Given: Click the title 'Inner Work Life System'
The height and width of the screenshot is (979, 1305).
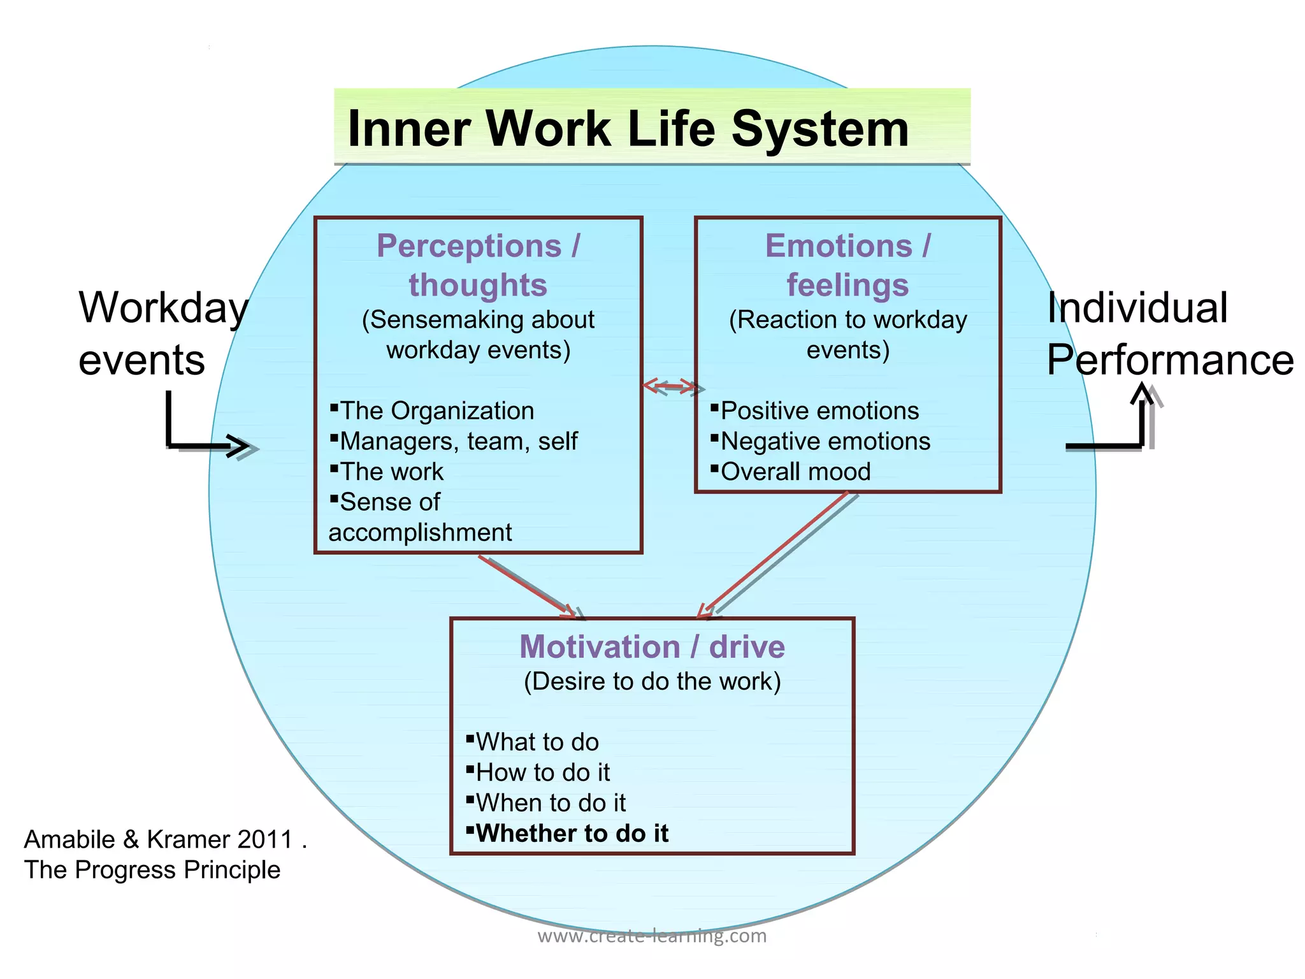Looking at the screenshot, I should click(x=628, y=128).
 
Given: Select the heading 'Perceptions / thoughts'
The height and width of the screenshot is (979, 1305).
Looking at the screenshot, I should click(x=478, y=265).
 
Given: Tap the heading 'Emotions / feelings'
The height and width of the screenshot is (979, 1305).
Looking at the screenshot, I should click(x=847, y=265).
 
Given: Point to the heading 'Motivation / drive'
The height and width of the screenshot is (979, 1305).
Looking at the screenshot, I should click(x=652, y=646).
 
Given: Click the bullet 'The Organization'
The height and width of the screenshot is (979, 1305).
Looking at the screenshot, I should click(x=436, y=411).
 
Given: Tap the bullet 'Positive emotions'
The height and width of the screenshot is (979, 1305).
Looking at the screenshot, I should click(x=819, y=411).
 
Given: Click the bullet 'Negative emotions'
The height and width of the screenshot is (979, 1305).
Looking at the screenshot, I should click(x=825, y=441).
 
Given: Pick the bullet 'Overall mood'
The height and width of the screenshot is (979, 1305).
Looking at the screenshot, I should click(x=795, y=472).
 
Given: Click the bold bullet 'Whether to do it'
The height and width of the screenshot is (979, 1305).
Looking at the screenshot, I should click(x=572, y=833).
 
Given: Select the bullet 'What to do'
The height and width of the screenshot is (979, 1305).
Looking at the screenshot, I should click(x=537, y=742).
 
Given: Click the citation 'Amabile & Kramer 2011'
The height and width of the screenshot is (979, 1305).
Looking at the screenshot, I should click(x=165, y=839).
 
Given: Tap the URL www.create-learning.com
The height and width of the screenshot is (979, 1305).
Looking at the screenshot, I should click(x=652, y=936).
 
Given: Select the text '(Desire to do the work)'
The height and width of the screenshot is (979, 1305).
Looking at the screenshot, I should click(x=652, y=681).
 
